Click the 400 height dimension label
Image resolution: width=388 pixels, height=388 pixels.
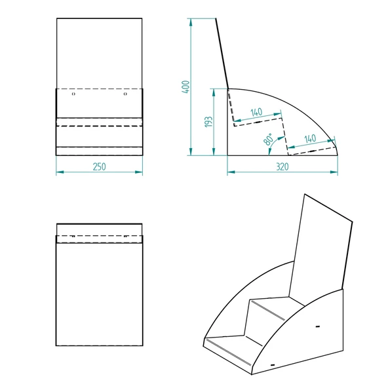coord(185,87)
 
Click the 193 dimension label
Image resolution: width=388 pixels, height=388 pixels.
coord(208,122)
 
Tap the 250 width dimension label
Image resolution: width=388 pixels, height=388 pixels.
coord(99,166)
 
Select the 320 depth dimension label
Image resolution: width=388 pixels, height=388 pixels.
coord(282,166)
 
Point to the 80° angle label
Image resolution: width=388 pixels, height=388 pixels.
coord(269,140)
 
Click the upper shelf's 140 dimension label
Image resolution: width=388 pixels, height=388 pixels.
coord(256,112)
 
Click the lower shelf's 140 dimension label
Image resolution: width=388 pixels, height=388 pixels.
coord(310,139)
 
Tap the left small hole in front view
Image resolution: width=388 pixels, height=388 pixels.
coord(73,94)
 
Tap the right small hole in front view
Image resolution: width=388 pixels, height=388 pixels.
coord(125,94)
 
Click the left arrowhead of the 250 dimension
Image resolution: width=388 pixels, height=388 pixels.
coord(60,172)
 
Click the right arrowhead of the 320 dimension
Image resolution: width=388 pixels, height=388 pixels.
coord(334,172)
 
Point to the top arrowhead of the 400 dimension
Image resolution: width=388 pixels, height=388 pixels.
coord(191,22)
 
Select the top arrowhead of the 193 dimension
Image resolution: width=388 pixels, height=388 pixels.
coord(214,92)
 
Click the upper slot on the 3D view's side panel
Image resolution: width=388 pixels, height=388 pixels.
coord(318,326)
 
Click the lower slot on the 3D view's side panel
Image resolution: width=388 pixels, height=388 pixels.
coord(273,365)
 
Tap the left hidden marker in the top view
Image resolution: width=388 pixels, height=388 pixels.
coord(73,237)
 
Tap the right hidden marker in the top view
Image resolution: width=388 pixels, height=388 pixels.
coord(125,237)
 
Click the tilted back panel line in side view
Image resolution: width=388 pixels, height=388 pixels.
coord(222,54)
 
